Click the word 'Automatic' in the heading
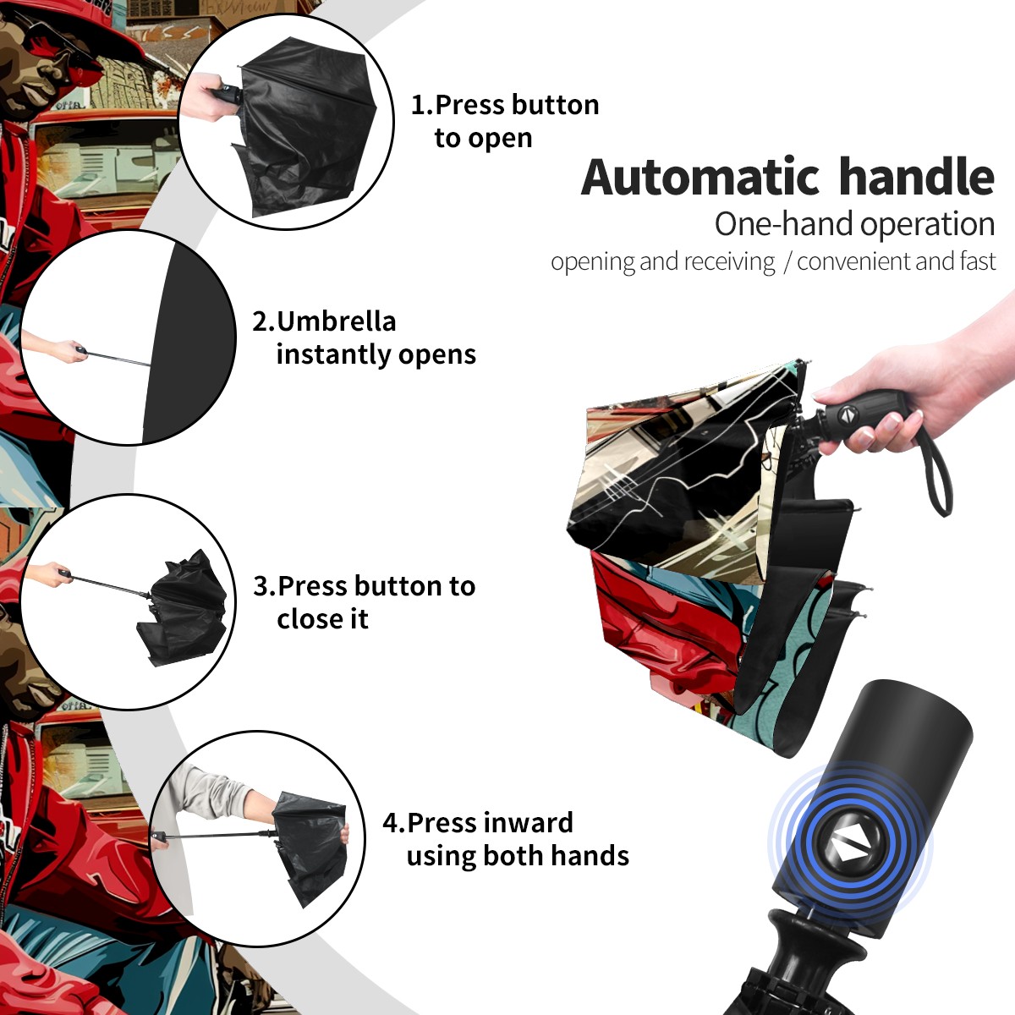(x=700, y=178)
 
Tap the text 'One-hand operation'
(x=854, y=224)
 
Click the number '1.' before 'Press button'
(x=422, y=105)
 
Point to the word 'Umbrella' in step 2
(x=336, y=321)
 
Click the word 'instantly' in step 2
(x=334, y=354)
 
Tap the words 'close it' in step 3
(x=322, y=619)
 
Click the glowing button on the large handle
(x=848, y=847)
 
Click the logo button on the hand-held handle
(x=847, y=414)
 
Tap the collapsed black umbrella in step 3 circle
(x=184, y=608)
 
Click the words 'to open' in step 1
(x=483, y=139)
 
